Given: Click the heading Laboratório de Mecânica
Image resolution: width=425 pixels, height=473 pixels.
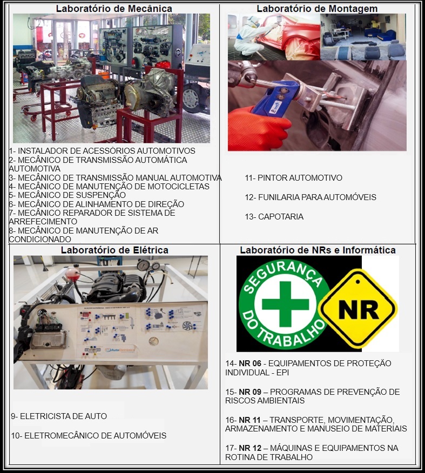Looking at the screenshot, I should coord(114,9).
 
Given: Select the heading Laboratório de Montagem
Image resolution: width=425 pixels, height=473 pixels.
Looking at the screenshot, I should coord(317,9).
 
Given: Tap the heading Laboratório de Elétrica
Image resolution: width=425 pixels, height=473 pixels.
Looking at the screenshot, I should coord(114,250).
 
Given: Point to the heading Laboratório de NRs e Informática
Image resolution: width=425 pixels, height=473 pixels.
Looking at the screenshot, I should coord(318,250).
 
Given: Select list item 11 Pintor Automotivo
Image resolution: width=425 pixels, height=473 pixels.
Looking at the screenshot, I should coord(293,178).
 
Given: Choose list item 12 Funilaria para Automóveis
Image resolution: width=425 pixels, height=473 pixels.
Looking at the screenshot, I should coord(310,197).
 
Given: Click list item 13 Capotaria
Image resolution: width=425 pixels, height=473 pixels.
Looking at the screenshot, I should coord(274,217).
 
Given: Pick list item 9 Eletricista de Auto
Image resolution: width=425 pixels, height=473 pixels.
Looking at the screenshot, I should coord(59,416).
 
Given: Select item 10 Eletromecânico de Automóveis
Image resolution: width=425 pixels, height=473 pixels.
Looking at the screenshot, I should coord(89,436).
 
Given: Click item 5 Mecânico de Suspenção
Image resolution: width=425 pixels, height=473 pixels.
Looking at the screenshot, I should coord(67,195).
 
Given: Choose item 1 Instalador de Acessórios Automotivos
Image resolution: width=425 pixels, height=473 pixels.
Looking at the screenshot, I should coord(102,151).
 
